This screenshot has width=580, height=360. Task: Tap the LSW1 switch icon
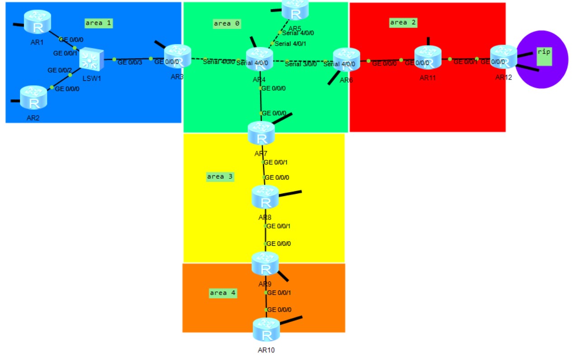(92, 59)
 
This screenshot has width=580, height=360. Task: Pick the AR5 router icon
(295, 10)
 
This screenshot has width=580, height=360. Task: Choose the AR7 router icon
(261, 133)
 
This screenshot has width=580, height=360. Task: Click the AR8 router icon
(265, 197)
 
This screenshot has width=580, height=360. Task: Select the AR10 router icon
(266, 330)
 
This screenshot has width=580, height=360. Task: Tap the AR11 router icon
(428, 58)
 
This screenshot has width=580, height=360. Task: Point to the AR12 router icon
(503, 57)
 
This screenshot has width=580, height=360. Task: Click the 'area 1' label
(98, 23)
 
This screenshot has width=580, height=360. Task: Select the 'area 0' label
(226, 23)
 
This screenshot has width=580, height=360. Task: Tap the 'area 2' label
(403, 22)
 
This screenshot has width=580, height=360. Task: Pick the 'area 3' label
(220, 177)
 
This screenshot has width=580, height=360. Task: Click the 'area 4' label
(223, 293)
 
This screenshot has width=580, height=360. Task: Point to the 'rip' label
(544, 52)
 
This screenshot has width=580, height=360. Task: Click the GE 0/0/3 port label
(130, 62)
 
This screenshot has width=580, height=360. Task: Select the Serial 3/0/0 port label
(301, 64)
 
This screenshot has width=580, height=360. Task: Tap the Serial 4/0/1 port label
(291, 44)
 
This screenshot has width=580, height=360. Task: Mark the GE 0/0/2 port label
(60, 70)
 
